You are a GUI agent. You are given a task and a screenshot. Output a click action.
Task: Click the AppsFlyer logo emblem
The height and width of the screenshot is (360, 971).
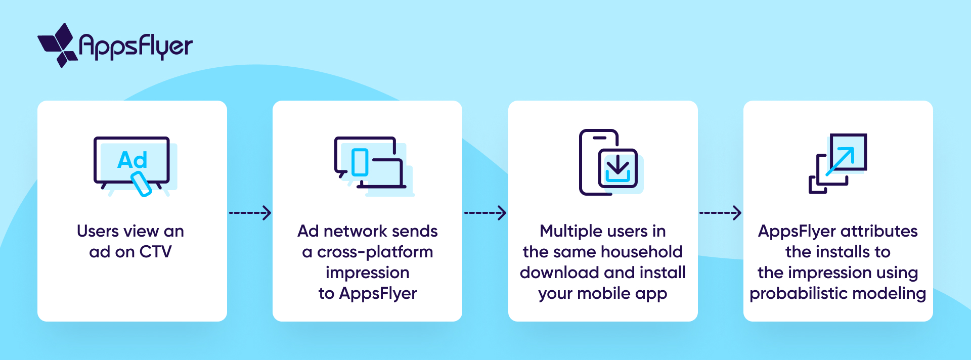tap(58, 46)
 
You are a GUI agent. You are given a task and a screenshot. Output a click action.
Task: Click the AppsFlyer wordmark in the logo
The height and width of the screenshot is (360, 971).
tap(136, 47)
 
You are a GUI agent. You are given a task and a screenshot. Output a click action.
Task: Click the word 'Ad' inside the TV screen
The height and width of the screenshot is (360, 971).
tap(132, 160)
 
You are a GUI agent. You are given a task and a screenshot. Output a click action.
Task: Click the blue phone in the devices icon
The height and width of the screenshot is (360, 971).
tap(360, 162)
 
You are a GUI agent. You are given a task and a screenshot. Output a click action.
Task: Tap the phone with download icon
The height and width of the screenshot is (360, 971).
tap(609, 162)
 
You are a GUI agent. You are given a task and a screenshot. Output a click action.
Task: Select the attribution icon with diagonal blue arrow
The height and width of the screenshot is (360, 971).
tap(838, 163)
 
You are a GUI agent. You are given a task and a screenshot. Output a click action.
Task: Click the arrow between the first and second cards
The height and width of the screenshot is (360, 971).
tap(250, 213)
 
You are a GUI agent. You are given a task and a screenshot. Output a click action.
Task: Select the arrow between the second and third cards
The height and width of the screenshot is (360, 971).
tap(485, 213)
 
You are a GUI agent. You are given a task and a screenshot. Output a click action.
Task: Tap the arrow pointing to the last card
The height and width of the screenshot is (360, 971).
tap(720, 213)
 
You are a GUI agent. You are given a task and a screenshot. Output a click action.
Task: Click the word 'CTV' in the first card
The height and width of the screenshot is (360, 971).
tap(155, 252)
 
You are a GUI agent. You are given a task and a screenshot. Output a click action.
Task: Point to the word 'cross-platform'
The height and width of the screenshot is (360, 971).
tap(375, 252)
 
